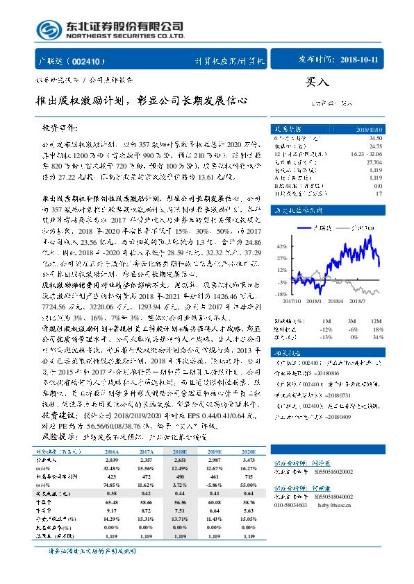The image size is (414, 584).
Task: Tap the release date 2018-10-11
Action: coord(361,60)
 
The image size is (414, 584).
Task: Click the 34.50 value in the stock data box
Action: coord(374,139)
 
